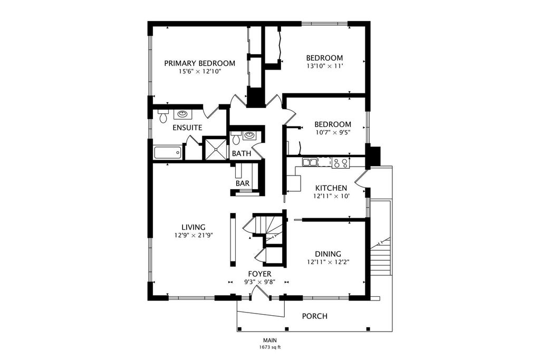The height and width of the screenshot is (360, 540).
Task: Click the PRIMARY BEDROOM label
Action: (200, 63)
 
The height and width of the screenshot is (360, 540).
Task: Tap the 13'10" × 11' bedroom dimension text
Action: (325, 66)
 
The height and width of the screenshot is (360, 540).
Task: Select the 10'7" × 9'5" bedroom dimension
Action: (333, 132)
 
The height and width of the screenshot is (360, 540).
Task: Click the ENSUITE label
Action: (187, 128)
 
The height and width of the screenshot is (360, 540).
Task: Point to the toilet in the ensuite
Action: (163, 116)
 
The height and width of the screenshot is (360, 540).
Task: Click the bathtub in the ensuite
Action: (167, 152)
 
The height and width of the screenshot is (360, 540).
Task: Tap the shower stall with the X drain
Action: (216, 149)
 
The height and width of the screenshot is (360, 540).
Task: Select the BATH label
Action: (242, 153)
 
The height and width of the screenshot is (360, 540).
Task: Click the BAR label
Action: (243, 183)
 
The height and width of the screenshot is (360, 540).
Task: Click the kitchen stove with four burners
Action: (341, 163)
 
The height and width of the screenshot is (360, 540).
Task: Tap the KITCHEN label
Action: (331, 188)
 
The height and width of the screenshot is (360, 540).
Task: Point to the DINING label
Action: (328, 254)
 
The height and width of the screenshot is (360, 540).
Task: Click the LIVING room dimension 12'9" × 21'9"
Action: (194, 236)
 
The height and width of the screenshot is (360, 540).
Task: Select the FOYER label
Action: (259, 274)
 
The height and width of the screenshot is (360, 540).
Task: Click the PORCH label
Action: (315, 316)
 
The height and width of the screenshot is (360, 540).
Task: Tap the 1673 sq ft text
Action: (270, 347)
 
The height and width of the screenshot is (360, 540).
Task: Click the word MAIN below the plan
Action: (270, 340)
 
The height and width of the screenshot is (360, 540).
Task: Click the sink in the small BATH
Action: (249, 135)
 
